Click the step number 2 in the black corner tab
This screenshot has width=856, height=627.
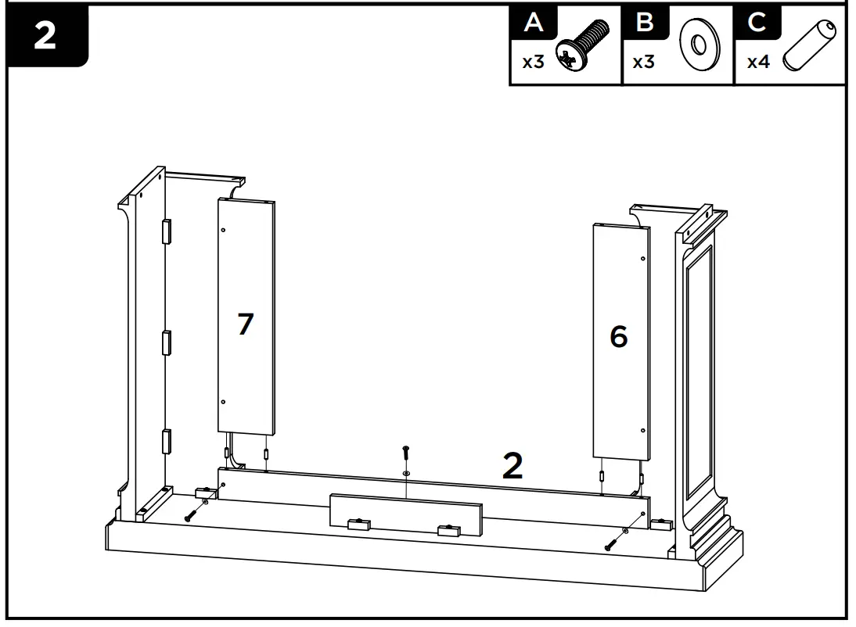[45, 37]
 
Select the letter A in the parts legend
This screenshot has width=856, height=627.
[533, 23]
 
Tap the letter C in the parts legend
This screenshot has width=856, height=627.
[757, 23]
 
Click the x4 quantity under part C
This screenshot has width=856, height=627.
[758, 63]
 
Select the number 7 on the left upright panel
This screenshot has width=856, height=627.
[246, 324]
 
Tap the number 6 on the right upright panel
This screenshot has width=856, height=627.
[618, 337]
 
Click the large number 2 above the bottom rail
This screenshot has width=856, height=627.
[512, 466]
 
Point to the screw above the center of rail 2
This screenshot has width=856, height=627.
[405, 453]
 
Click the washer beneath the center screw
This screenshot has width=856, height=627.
[405, 473]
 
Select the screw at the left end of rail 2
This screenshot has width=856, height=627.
[191, 515]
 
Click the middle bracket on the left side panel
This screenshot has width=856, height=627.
[165, 342]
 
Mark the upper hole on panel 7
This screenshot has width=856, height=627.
[224, 230]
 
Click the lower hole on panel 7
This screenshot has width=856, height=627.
[224, 403]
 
